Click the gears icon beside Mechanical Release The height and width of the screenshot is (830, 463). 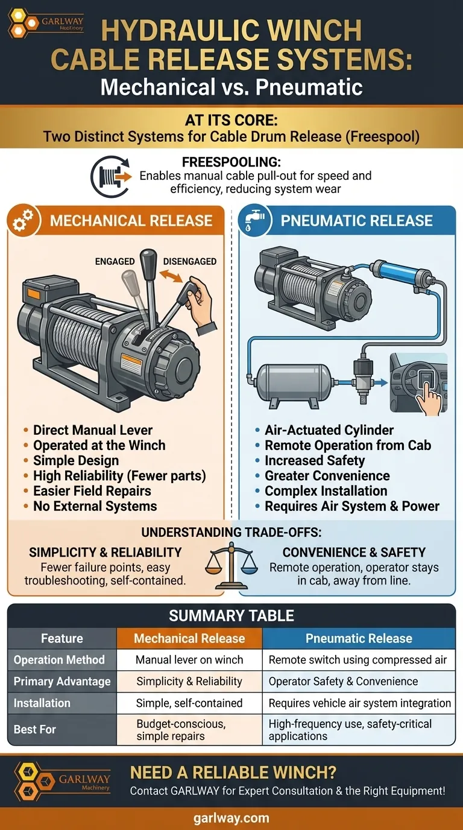coord(23,221)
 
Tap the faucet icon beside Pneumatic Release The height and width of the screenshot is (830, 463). coord(254,220)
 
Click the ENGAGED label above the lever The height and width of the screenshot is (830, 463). coord(115,261)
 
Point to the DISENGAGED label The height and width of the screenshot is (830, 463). coord(190,261)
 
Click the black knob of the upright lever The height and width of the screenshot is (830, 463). coord(148,259)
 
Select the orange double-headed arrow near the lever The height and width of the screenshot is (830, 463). coord(171,276)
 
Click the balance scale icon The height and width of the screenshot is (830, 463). coord(231,565)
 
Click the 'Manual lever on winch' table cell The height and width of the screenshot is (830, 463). coord(189,659)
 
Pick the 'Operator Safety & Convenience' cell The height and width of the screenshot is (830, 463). coord(343,681)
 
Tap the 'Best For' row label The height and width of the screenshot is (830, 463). coord(35,729)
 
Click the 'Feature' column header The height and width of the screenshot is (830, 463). coord(62,638)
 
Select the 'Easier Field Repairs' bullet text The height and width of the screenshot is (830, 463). coord(92,491)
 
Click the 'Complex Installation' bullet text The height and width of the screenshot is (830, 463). coord(326,491)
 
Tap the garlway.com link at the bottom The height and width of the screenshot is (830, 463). coord(231,818)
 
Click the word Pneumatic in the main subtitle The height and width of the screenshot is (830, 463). coord(309,87)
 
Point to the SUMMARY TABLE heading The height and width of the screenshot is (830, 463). coord(231,615)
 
